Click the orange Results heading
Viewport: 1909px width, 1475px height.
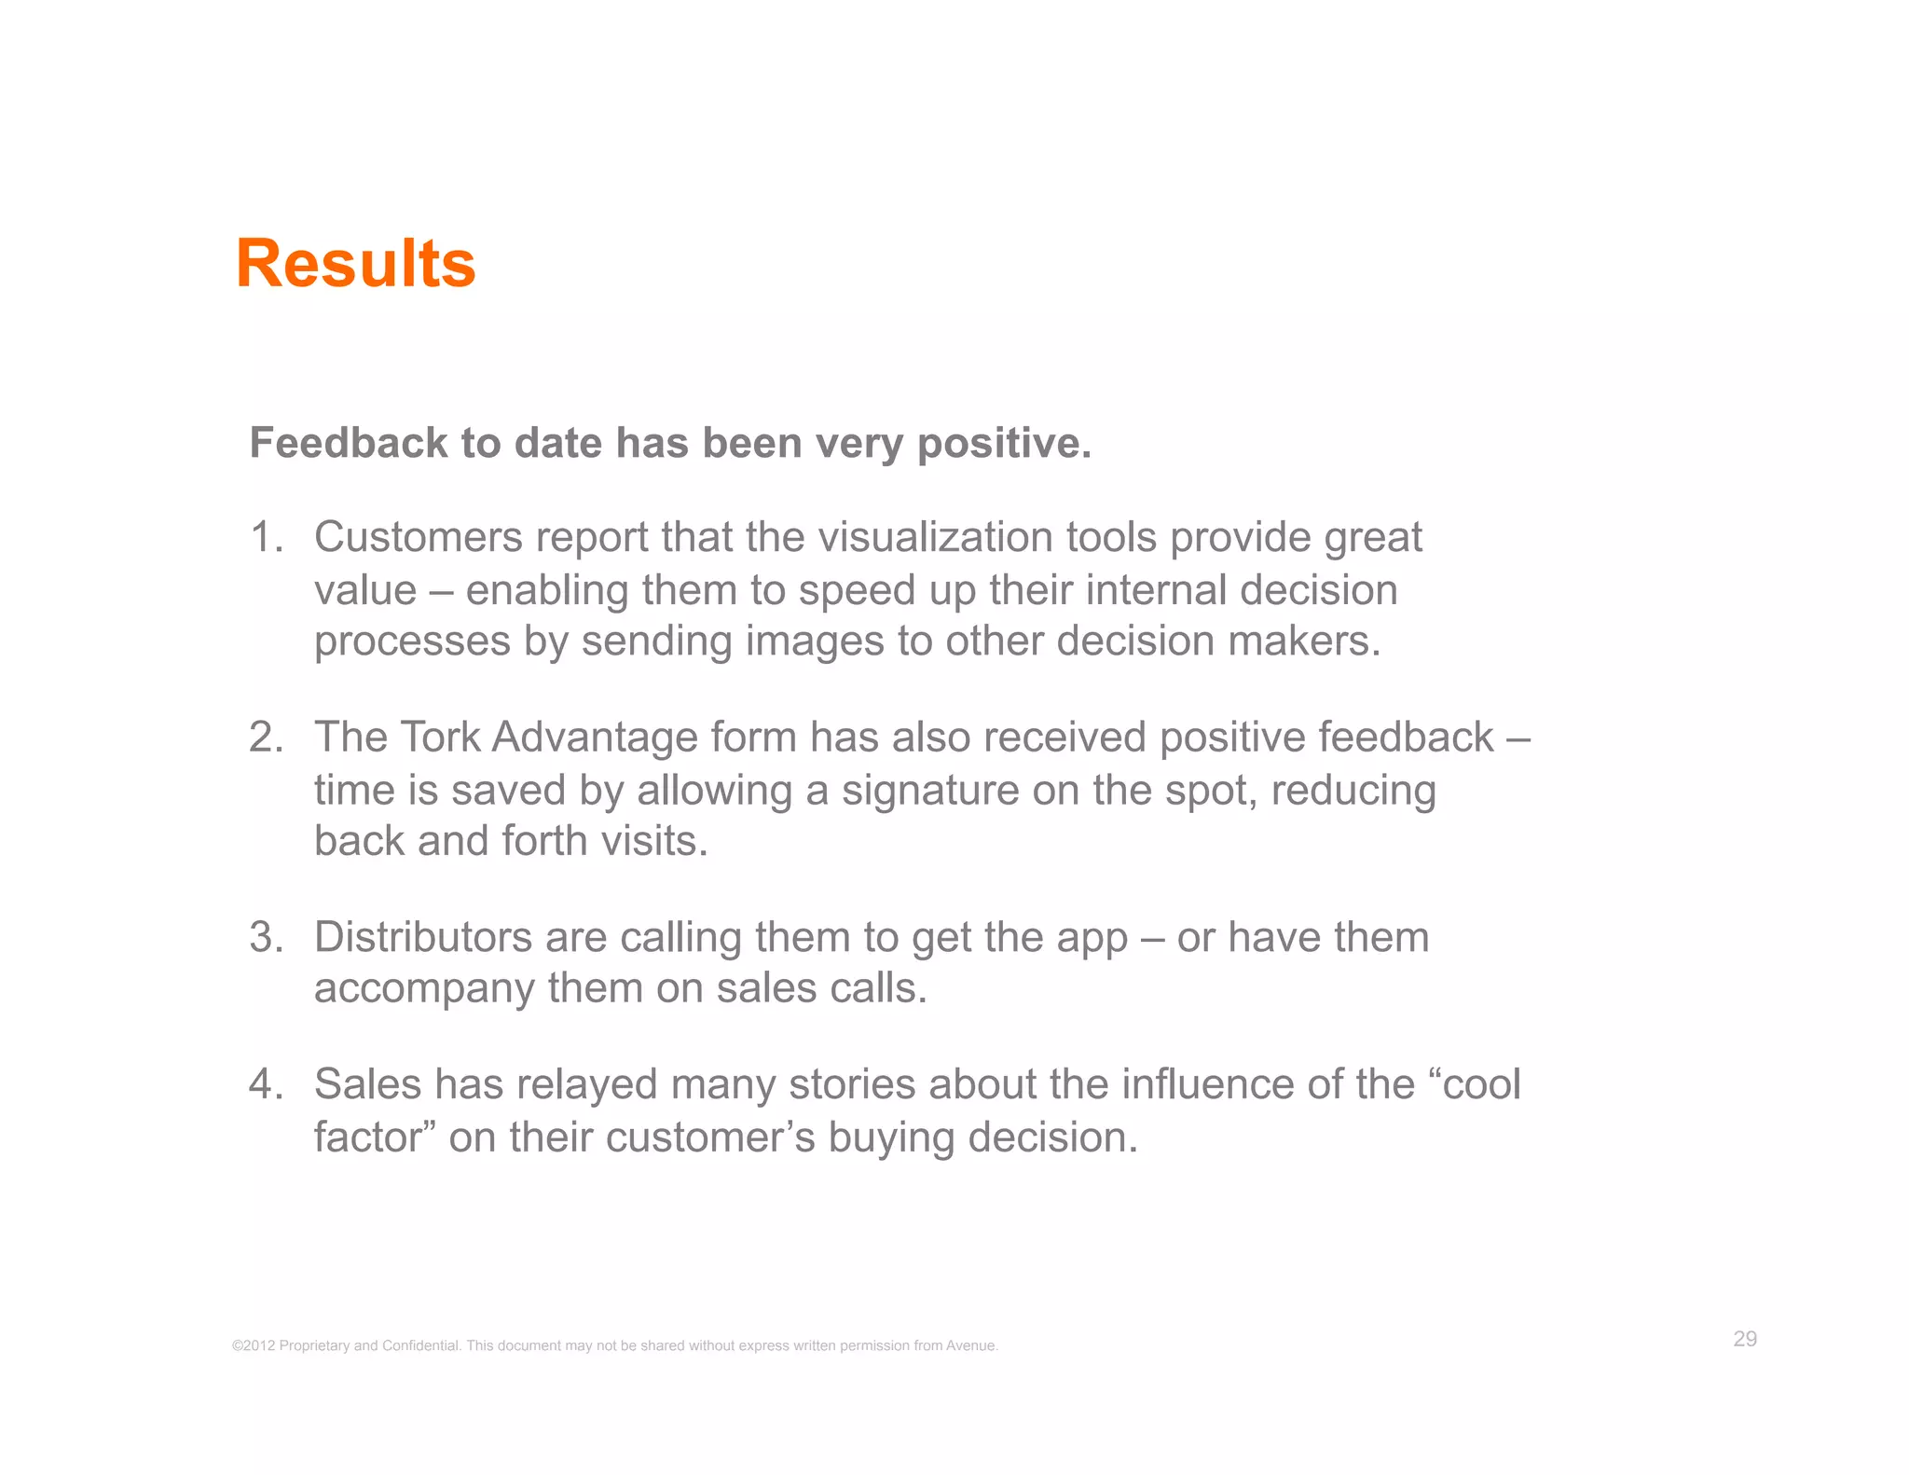(355, 264)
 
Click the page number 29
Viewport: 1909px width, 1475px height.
(1745, 1339)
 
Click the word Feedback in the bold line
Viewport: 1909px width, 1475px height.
(349, 443)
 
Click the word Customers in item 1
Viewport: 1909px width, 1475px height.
(417, 538)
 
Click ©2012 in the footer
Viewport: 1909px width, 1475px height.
(254, 1345)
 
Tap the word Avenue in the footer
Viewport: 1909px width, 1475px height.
(971, 1345)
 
